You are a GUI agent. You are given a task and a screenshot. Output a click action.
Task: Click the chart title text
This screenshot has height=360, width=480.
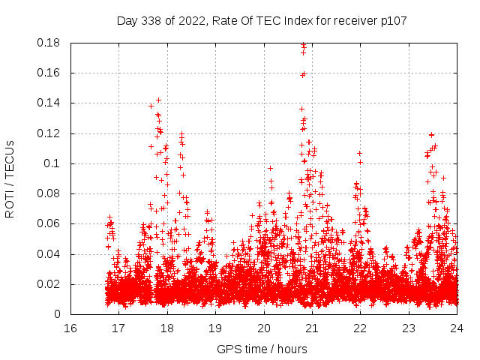[262, 20]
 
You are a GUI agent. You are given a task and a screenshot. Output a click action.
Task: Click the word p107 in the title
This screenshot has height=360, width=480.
[393, 20]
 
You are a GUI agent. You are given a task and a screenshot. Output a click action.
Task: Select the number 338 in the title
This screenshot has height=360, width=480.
[152, 20]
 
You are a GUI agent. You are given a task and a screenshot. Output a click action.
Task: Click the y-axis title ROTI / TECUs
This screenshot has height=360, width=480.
[10, 178]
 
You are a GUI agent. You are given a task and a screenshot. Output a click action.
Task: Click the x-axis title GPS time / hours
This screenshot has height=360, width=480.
[262, 349]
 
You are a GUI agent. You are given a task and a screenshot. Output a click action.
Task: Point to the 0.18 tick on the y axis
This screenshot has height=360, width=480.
[50, 43]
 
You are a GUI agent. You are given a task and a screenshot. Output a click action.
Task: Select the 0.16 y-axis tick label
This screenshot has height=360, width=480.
[50, 73]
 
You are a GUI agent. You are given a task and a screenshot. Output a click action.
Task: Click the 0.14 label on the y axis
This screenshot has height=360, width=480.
[50, 103]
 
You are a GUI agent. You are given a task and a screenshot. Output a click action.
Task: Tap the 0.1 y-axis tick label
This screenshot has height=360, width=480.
[54, 163]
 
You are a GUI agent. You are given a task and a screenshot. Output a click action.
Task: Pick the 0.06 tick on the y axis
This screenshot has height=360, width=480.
[50, 223]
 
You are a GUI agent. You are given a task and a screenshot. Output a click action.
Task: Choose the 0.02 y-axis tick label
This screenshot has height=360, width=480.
[50, 284]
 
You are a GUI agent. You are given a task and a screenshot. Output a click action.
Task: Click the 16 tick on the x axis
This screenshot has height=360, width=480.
[70, 328]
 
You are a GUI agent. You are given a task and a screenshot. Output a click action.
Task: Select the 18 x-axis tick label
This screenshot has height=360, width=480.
[167, 328]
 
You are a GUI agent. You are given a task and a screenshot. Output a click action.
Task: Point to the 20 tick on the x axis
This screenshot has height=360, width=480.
[264, 328]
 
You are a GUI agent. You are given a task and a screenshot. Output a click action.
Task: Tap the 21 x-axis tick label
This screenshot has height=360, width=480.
[312, 328]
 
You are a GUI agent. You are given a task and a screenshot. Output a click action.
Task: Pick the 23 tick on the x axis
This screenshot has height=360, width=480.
[409, 328]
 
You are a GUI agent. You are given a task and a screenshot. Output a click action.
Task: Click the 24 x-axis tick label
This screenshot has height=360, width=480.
[457, 328]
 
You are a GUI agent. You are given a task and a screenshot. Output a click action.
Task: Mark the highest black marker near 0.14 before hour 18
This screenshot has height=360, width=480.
[158, 100]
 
